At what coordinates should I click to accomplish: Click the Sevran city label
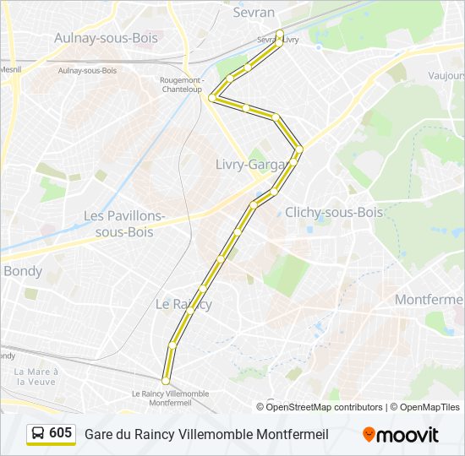(x=254, y=13)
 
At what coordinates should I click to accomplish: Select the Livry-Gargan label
(x=250, y=165)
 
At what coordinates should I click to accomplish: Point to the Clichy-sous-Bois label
(x=334, y=212)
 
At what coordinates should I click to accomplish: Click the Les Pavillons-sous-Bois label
(x=124, y=224)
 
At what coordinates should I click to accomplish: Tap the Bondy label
(x=23, y=271)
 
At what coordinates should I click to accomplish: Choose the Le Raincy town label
(x=183, y=304)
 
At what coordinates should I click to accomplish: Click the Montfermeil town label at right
(x=429, y=300)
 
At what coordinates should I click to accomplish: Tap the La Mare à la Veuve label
(x=36, y=376)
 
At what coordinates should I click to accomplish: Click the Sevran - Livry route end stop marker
(x=280, y=34)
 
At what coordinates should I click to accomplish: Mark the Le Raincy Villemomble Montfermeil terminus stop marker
(x=166, y=382)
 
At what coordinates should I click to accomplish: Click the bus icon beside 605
(x=38, y=434)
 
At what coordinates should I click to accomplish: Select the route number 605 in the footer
(x=60, y=433)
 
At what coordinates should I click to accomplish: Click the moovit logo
(x=401, y=435)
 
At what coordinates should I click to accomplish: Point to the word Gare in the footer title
(x=99, y=435)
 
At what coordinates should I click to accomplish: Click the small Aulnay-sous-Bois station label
(x=88, y=70)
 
